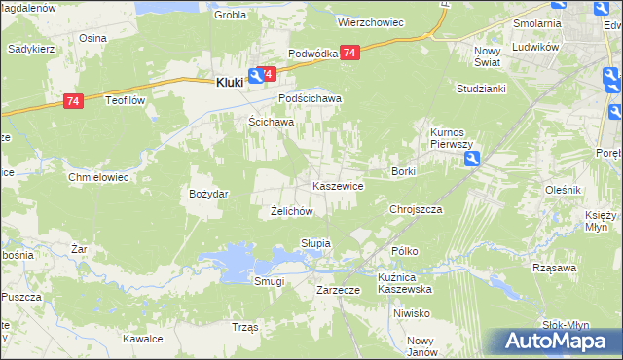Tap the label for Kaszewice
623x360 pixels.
coord(338,185)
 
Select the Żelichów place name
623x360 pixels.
coord(290,211)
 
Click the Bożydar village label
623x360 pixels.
coord(208,194)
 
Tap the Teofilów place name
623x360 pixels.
coord(126,100)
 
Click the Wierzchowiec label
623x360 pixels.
coord(370,21)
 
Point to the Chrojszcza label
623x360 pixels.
coord(416,209)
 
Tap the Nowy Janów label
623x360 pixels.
coord(420,346)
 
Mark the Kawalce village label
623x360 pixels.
coord(142,340)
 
